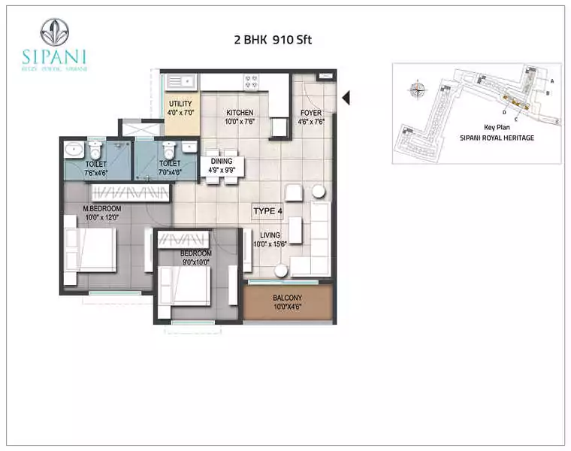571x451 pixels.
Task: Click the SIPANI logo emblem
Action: [x=55, y=32]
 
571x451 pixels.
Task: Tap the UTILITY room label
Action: [x=180, y=108]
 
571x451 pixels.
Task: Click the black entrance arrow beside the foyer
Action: [x=346, y=98]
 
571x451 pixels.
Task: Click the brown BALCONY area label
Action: [x=289, y=304]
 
